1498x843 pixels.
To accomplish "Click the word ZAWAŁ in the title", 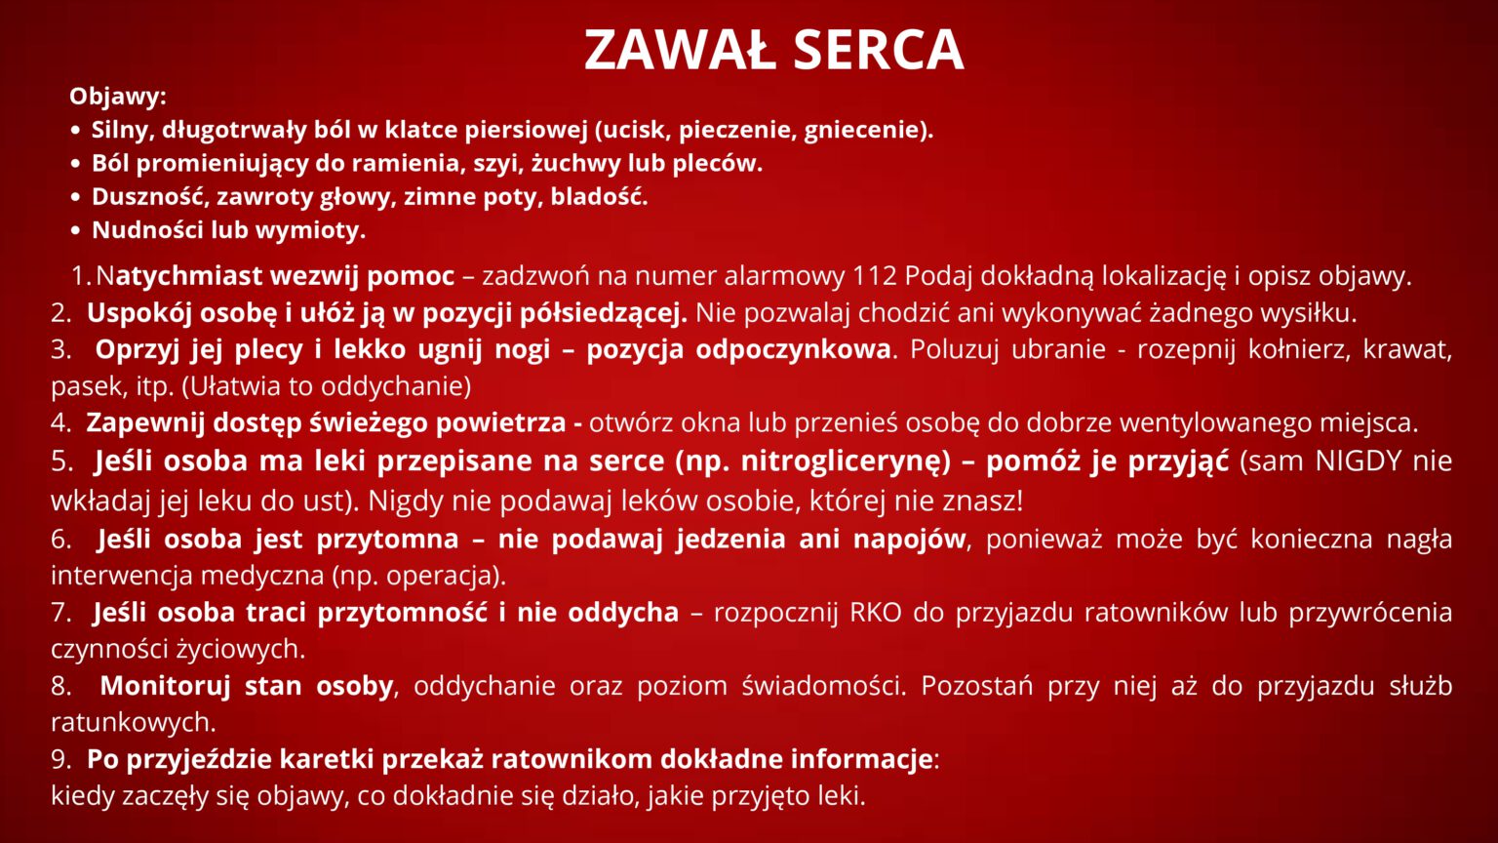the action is coord(680,50).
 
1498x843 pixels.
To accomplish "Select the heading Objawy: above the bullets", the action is coord(118,97).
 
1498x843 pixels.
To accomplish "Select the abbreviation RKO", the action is coord(876,612).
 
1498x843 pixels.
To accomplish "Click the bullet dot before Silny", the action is coord(75,131).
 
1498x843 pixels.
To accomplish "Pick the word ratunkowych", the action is coord(133,723).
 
